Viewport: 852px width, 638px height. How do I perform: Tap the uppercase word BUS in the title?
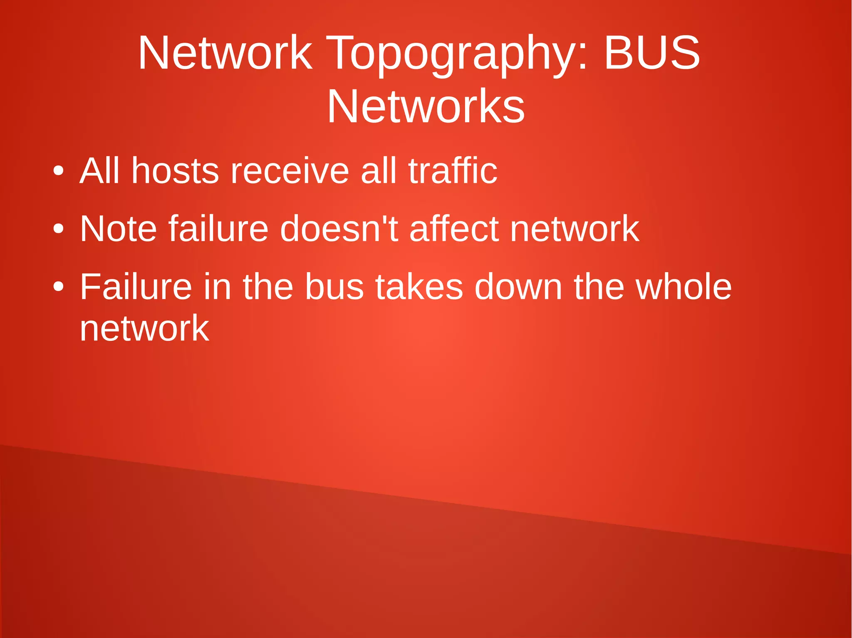pos(651,53)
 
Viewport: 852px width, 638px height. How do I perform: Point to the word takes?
pos(419,286)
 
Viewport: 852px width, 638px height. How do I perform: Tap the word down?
pos(518,286)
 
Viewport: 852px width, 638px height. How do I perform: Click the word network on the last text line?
pos(144,328)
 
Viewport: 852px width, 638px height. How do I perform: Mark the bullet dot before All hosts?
pos(59,171)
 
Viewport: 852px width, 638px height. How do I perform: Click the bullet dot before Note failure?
pos(59,229)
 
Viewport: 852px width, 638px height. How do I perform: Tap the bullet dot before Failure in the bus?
pos(59,287)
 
